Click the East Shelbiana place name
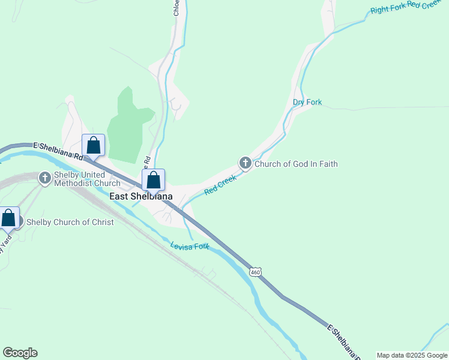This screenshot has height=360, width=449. pos(140,196)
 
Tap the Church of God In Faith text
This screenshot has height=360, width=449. pos(296,164)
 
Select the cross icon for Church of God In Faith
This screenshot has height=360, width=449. pos(245,163)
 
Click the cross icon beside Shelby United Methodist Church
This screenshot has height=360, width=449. pos(45,178)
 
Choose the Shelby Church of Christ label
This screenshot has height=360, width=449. pos(70,223)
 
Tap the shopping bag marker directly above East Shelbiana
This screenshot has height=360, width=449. pos(153,179)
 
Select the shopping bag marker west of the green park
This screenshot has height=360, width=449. pos(93,145)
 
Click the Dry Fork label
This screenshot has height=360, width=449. pos(307,103)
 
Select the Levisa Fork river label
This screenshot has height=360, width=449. pos(189,246)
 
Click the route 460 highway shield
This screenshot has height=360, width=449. pos(256,272)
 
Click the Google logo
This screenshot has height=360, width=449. pos(20,353)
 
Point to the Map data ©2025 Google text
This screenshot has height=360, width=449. pos(412,355)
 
